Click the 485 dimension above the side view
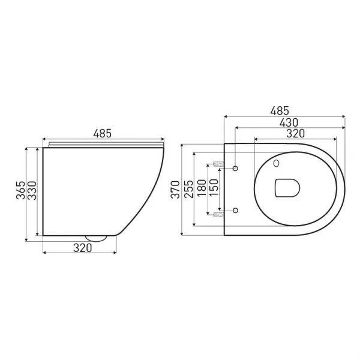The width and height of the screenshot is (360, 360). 103,133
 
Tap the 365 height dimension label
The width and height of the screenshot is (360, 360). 20,190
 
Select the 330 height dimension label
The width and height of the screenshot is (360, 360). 32,191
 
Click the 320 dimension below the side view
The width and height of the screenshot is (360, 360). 83,248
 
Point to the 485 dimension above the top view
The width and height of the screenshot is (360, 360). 280,111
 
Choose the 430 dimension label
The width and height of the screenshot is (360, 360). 289,122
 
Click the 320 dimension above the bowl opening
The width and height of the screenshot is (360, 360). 295,133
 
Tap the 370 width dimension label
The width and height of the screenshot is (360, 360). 175,190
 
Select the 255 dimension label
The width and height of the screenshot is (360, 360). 189,189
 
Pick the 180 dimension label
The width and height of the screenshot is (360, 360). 202,188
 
